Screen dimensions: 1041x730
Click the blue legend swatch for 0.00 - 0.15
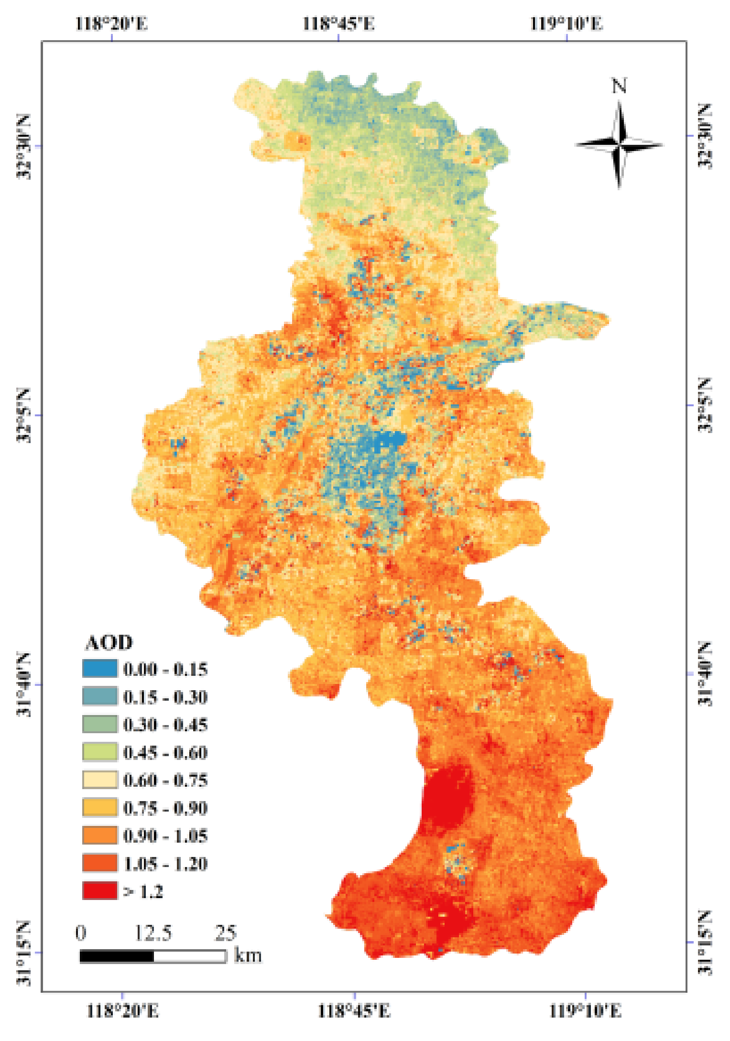point(99,668)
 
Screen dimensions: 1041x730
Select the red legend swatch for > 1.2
point(99,890)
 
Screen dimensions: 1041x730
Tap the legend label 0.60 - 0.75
point(165,780)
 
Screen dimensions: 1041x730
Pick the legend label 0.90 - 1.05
point(165,835)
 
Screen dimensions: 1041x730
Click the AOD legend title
point(109,643)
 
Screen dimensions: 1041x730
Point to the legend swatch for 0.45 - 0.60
point(99,752)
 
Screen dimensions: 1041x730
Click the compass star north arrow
point(619,145)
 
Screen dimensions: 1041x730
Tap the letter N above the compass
point(619,87)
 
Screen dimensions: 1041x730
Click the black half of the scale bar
point(117,956)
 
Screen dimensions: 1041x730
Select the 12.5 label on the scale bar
point(153,933)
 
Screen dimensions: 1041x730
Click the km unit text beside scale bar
point(248,955)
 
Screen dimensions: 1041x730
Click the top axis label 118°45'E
point(338,23)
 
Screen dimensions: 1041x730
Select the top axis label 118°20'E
point(111,23)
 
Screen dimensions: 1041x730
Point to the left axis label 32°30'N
point(23,146)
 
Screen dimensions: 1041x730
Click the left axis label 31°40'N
point(23,684)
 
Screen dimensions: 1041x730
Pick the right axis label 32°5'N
point(705,405)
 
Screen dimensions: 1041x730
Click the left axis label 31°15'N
point(23,953)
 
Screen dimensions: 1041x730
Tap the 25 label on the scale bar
point(226,933)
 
